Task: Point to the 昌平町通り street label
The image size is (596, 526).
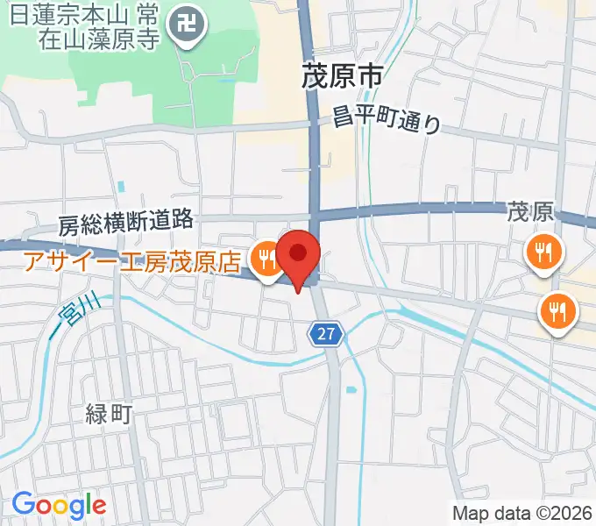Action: [x=387, y=118]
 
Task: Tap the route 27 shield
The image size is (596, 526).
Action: [x=326, y=333]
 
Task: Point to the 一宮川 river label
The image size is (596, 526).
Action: [x=76, y=316]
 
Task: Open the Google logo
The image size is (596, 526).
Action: [x=59, y=505]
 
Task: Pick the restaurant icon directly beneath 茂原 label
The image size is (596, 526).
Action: [x=544, y=253]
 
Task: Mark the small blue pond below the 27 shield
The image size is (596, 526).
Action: [x=351, y=389]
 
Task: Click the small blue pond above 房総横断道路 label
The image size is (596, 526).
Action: [x=121, y=187]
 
